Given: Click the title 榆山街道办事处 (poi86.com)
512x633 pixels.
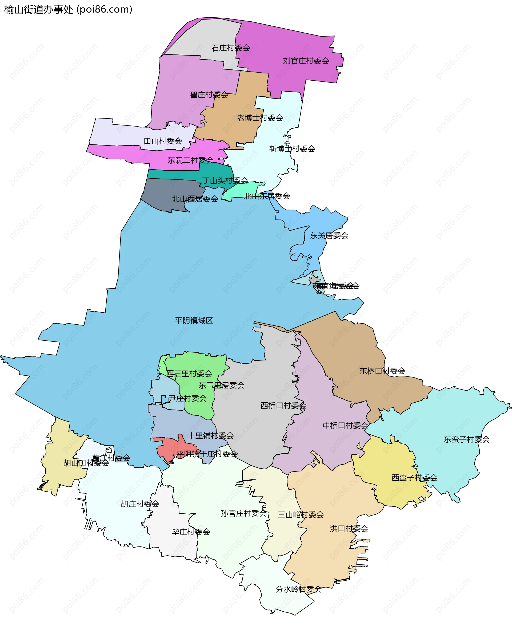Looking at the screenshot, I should pos(68,10).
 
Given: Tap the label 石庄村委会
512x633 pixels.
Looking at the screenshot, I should pos(230,48).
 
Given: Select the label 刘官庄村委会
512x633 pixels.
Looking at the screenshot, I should pos(306,61).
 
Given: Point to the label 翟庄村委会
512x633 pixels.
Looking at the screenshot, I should pos(209,95).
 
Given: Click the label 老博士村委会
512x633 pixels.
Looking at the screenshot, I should pos(260,118).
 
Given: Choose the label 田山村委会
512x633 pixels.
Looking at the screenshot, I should pos(163,141).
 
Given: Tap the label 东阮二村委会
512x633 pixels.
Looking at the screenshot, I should pos(190,160).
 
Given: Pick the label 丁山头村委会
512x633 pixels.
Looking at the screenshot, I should pos(225,180).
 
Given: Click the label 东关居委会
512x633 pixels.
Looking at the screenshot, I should pos(329,235).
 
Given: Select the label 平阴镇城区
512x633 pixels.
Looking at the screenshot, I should pos(194,321).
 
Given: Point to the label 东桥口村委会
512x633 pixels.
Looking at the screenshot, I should pos(382,371).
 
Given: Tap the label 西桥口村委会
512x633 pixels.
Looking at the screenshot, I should pos(283,406).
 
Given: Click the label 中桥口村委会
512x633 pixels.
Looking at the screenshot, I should pos(345,426).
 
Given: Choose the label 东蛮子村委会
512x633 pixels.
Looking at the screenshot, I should pos(467,440).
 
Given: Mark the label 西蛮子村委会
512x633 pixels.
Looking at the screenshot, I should pos(414,478).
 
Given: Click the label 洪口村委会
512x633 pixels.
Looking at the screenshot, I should pos(349,529).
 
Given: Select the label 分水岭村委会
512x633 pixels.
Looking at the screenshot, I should pos(298,589).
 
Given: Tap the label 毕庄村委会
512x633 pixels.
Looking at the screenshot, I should pos(191,532).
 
